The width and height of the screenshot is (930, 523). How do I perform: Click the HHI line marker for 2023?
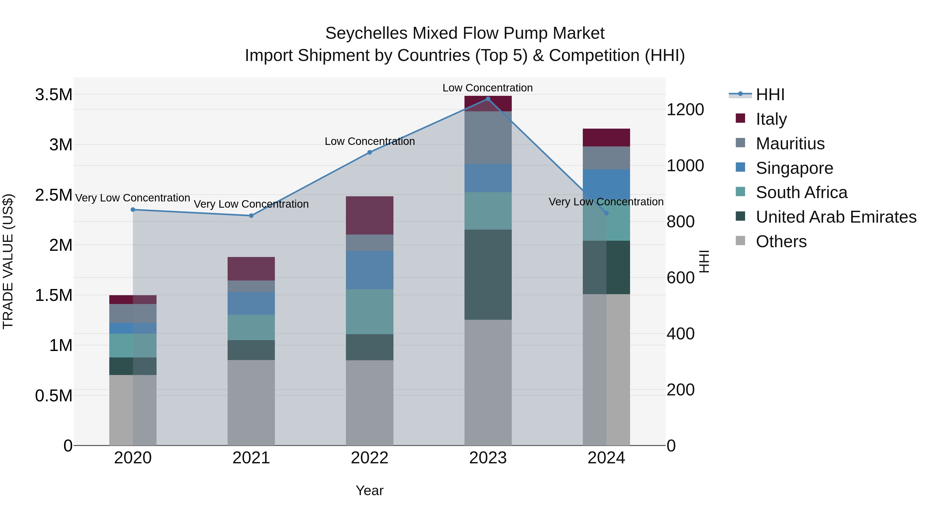coord(488,99)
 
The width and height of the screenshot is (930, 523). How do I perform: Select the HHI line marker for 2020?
coord(133,209)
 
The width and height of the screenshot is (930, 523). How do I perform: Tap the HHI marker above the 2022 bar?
coord(369,152)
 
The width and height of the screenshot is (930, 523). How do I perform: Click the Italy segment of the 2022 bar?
coord(369,215)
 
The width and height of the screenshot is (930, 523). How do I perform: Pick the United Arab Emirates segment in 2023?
coord(488,274)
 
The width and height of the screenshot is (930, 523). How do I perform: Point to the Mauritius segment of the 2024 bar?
coord(606,158)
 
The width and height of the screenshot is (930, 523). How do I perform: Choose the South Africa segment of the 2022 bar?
coord(369,311)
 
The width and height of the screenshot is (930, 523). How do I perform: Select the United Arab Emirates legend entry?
coord(835,217)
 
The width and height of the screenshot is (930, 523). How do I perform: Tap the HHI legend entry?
coord(770,95)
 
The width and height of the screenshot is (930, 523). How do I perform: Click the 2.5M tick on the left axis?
coord(53,195)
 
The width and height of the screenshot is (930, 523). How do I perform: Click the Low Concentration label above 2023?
coord(487,88)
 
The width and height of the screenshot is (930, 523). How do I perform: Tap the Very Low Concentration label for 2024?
coord(606,202)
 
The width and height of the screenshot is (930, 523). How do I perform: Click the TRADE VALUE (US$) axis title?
coord(8,261)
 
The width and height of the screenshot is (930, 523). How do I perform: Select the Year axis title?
coord(369,490)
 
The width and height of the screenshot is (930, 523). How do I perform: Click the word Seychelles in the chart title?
coord(366,33)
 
